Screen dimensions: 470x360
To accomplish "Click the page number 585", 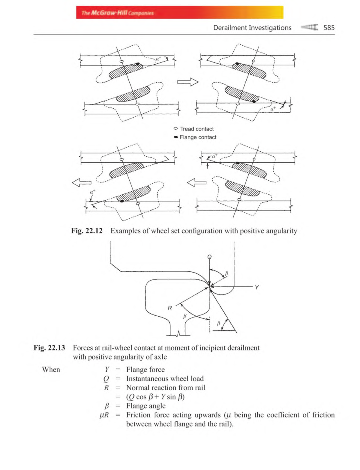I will click(x=329, y=28).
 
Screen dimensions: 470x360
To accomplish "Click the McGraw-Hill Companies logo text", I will click(x=118, y=13).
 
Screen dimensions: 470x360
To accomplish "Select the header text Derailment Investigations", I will click(x=252, y=28).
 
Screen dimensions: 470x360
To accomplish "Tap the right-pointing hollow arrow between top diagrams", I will click(x=188, y=82).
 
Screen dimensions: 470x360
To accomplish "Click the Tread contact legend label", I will click(x=197, y=129).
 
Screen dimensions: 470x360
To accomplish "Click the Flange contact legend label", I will click(x=198, y=137).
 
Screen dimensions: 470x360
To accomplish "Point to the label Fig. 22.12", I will click(x=87, y=231).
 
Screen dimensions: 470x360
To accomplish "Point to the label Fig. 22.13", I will click(x=49, y=348).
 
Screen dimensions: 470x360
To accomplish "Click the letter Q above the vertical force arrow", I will click(x=209, y=257).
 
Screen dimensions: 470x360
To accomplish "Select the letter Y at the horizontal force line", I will click(x=257, y=287).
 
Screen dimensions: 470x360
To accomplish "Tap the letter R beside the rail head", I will click(x=170, y=308).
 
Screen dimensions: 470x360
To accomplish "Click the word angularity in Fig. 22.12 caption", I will click(x=281, y=231).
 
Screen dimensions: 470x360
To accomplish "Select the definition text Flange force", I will click(x=145, y=369).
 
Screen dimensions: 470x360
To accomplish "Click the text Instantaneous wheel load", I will click(x=165, y=378).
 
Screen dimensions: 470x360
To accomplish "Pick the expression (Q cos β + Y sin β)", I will click(x=155, y=397).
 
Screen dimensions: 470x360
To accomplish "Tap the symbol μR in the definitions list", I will click(x=104, y=415).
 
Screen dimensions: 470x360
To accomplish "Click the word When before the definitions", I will click(x=51, y=369).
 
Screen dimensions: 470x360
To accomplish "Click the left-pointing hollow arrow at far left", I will click(x=82, y=182).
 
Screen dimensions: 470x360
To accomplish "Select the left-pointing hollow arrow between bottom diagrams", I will click(x=197, y=182).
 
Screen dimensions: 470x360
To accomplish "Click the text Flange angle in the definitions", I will click(x=146, y=406).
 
